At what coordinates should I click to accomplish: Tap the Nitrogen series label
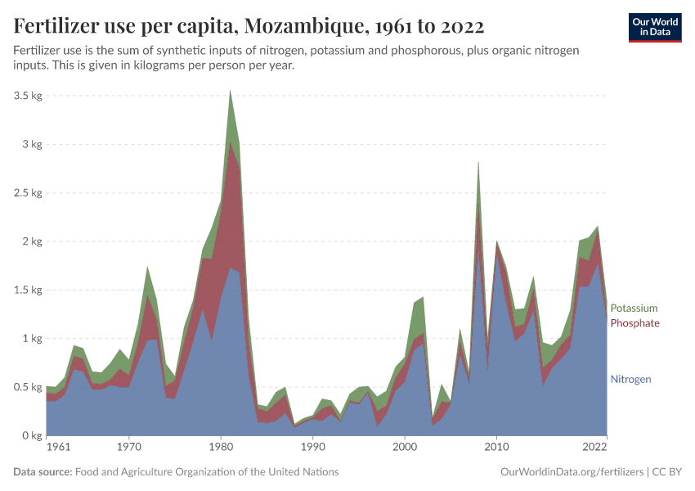(x=630, y=380)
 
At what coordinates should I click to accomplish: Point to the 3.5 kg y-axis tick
(x=27, y=96)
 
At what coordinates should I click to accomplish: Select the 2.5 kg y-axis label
(x=27, y=193)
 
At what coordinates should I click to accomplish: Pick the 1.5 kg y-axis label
(x=27, y=290)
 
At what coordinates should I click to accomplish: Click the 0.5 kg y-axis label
(x=27, y=387)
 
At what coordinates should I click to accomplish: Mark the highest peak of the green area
(x=231, y=90)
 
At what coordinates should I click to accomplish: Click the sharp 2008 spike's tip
(x=478, y=162)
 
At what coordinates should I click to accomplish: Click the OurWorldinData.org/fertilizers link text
(x=571, y=472)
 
